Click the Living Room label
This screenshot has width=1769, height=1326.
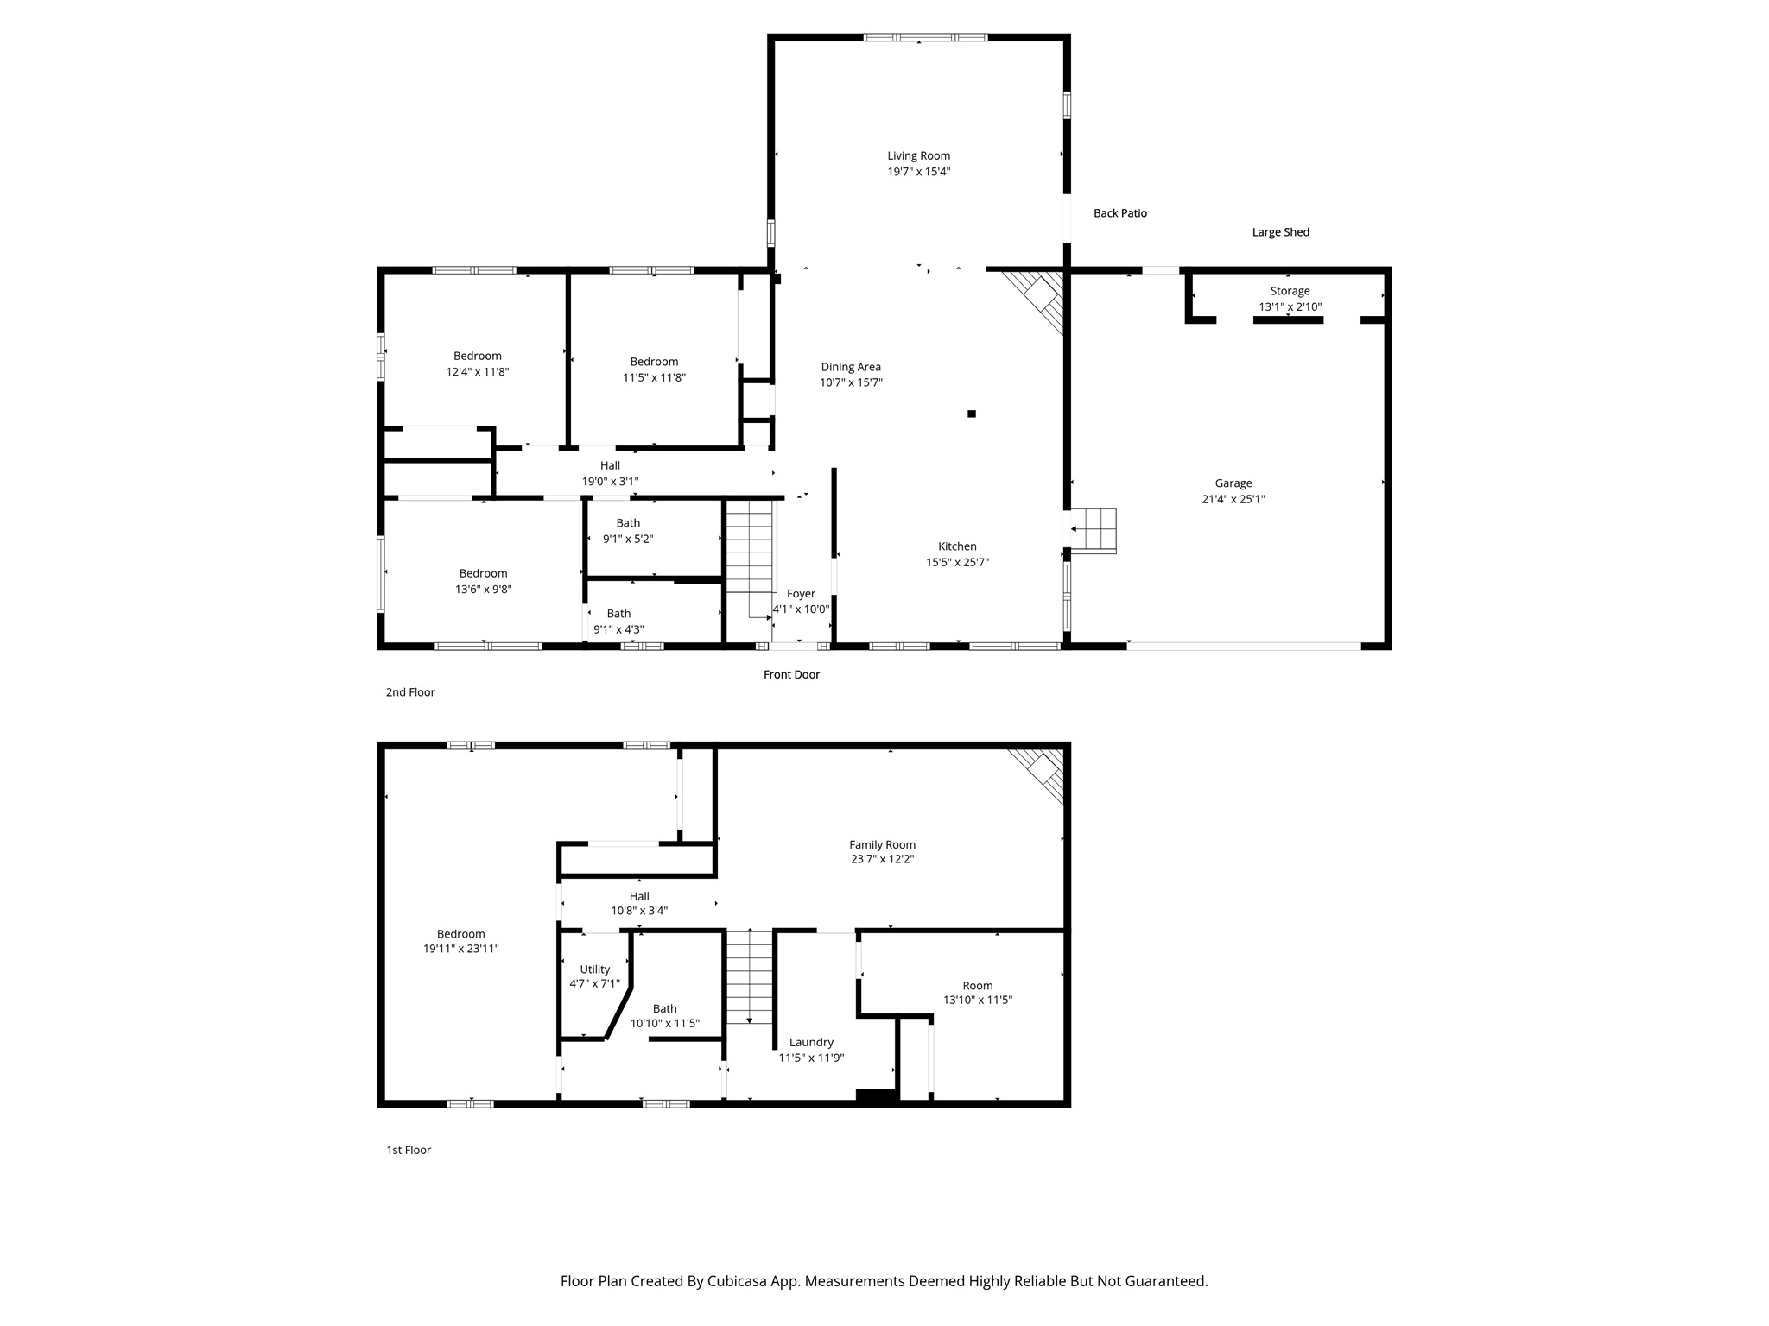[918, 156]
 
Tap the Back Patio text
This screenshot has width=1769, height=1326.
[1119, 213]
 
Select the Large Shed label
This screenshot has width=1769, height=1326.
[1280, 232]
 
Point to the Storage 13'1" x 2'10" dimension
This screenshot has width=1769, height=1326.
[1290, 306]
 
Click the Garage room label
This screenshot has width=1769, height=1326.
[1233, 483]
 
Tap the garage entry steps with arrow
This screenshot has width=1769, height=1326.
[1093, 530]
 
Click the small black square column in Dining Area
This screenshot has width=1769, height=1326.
[972, 414]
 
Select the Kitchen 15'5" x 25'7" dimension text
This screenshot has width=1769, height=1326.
[957, 562]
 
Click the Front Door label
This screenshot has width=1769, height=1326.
[791, 674]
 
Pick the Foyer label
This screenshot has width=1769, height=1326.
[801, 594]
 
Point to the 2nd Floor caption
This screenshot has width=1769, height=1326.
[410, 692]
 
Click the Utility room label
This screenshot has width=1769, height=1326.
[594, 969]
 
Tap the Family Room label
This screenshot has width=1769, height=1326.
[882, 845]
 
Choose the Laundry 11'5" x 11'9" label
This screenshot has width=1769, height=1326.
[811, 1043]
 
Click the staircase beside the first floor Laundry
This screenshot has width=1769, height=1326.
[749, 976]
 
